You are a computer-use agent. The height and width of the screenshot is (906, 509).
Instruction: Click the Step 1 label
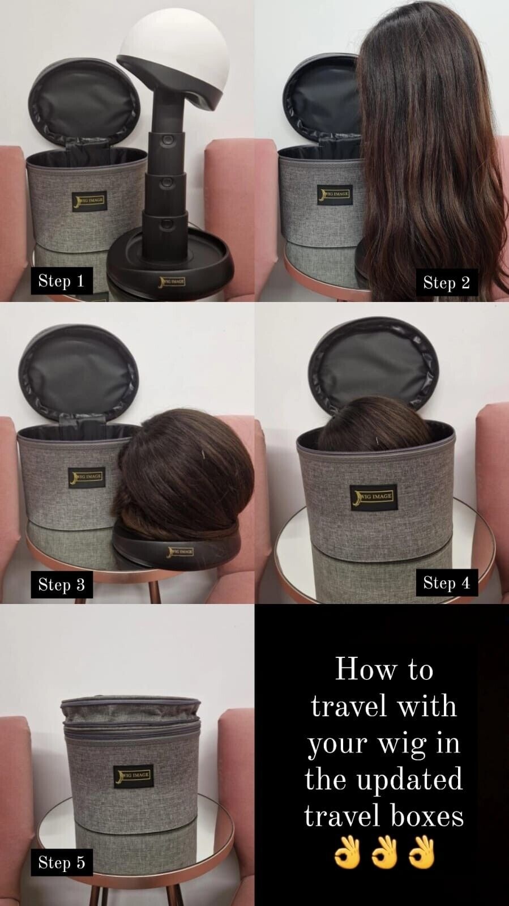62,280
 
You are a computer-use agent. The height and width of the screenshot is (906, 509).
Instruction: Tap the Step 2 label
447,282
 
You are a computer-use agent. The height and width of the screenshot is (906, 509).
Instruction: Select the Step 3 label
62,584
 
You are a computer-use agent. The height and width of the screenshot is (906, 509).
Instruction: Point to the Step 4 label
447,582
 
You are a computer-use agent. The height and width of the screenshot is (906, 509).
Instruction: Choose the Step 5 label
62,862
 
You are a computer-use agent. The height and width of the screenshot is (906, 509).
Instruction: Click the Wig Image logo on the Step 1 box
89,201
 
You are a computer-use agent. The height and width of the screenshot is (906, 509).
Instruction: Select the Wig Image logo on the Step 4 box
374,497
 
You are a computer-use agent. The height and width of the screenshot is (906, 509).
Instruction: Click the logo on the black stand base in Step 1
173,280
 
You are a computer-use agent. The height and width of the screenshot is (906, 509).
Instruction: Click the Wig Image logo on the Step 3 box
87,478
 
